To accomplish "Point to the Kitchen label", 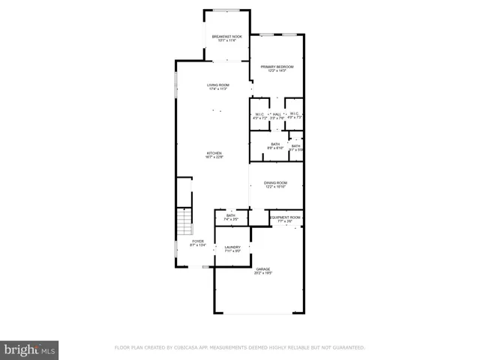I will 214,155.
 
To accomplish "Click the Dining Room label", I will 275,184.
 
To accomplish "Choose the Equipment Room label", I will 284,218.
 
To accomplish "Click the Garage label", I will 262,270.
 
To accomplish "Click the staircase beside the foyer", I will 184,223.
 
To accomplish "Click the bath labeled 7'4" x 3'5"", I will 231,217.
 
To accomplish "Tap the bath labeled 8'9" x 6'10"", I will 275,145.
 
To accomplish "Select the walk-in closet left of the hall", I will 260,115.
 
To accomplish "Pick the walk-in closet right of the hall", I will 294,115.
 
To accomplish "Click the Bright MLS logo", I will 30,349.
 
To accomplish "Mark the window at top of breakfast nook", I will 226,10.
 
